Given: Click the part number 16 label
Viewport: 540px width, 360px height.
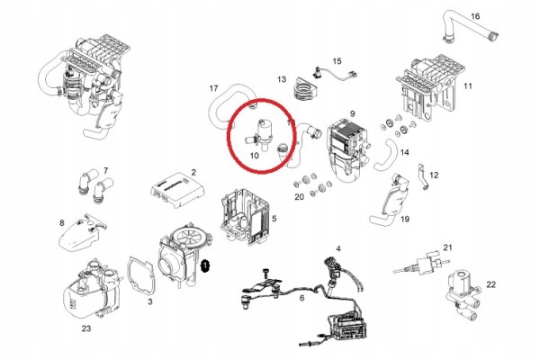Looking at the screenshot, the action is [x=475, y=16].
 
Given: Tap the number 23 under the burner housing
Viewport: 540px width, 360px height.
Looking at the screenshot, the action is [x=86, y=328].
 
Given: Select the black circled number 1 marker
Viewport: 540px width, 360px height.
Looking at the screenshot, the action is [x=205, y=265].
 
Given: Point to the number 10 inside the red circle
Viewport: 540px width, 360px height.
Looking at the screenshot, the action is [x=254, y=156].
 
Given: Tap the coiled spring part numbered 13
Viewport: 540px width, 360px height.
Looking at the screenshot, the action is [x=304, y=89].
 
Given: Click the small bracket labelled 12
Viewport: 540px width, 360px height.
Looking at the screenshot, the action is [x=423, y=176].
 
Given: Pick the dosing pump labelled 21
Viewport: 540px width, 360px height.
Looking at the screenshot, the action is [x=423, y=265].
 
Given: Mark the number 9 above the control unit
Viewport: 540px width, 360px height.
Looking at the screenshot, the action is [x=352, y=113].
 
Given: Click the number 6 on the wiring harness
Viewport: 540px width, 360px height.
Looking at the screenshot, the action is [x=301, y=298].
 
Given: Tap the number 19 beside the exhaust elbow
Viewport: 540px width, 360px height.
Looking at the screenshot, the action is [x=405, y=219].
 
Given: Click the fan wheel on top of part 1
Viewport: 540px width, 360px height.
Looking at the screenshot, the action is [x=188, y=237].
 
